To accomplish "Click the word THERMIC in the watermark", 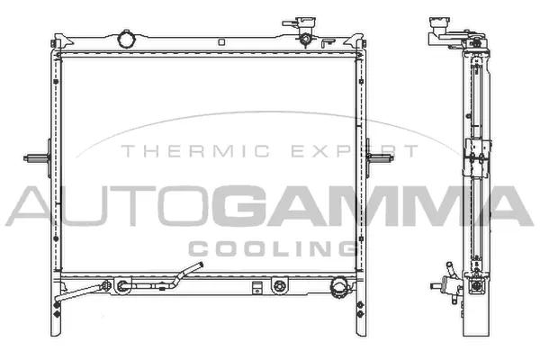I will [x=167, y=152].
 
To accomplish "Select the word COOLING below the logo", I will [x=270, y=246].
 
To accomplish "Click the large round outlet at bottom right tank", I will [x=339, y=287].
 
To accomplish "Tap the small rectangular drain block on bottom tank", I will [x=258, y=288].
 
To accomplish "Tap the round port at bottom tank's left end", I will [x=120, y=287].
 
